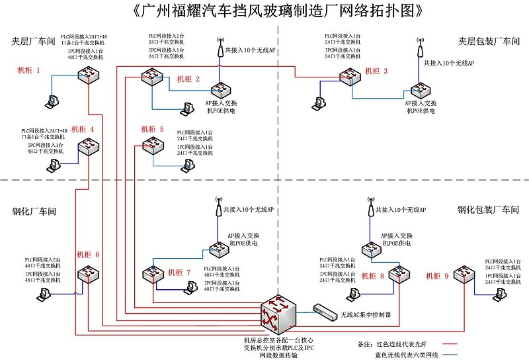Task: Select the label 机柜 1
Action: pos(29,70)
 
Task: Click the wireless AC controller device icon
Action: pos(325,310)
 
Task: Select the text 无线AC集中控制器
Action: pos(366,315)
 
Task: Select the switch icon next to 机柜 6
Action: pos(87,274)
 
